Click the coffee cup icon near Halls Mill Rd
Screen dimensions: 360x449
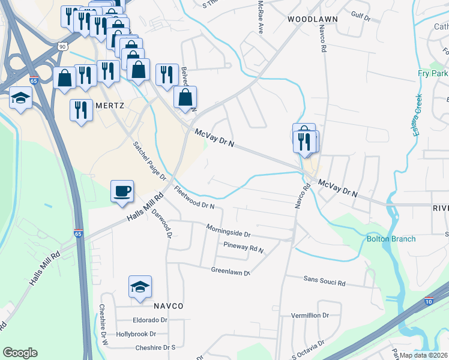tap(122, 192)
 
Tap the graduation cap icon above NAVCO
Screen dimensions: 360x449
tap(140, 287)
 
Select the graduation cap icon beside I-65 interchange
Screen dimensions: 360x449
tap(21, 98)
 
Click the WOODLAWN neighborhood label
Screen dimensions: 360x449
tap(312, 19)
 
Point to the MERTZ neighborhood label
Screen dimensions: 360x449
tap(109, 105)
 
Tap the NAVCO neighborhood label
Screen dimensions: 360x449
tap(167, 305)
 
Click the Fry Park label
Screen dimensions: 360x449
tap(433, 73)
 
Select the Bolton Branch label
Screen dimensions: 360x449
tap(391, 239)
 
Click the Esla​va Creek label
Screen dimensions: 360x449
tap(418, 115)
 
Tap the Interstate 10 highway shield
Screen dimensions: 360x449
tap(429, 302)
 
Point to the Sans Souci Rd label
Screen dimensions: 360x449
tap(324, 281)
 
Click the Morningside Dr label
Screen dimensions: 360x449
tap(228, 230)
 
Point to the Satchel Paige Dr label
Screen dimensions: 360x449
tap(149, 161)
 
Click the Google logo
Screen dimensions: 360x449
tap(20, 353)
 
